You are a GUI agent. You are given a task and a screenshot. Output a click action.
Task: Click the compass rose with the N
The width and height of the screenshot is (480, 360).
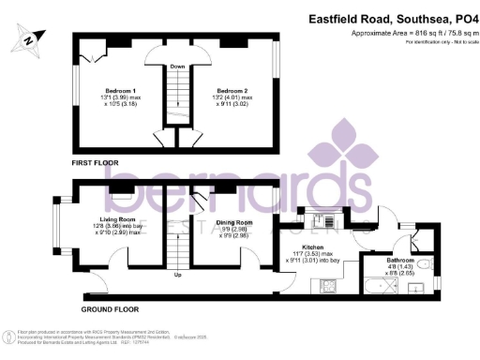point(31,39)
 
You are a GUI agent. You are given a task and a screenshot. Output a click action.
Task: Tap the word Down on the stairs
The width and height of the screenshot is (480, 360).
point(176,67)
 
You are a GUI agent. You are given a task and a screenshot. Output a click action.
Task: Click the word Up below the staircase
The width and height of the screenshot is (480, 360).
point(178,275)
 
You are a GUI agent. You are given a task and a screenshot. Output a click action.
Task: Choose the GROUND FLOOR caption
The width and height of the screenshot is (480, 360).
point(105,308)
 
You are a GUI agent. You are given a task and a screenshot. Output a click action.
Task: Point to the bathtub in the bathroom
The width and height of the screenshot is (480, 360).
point(390,284)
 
